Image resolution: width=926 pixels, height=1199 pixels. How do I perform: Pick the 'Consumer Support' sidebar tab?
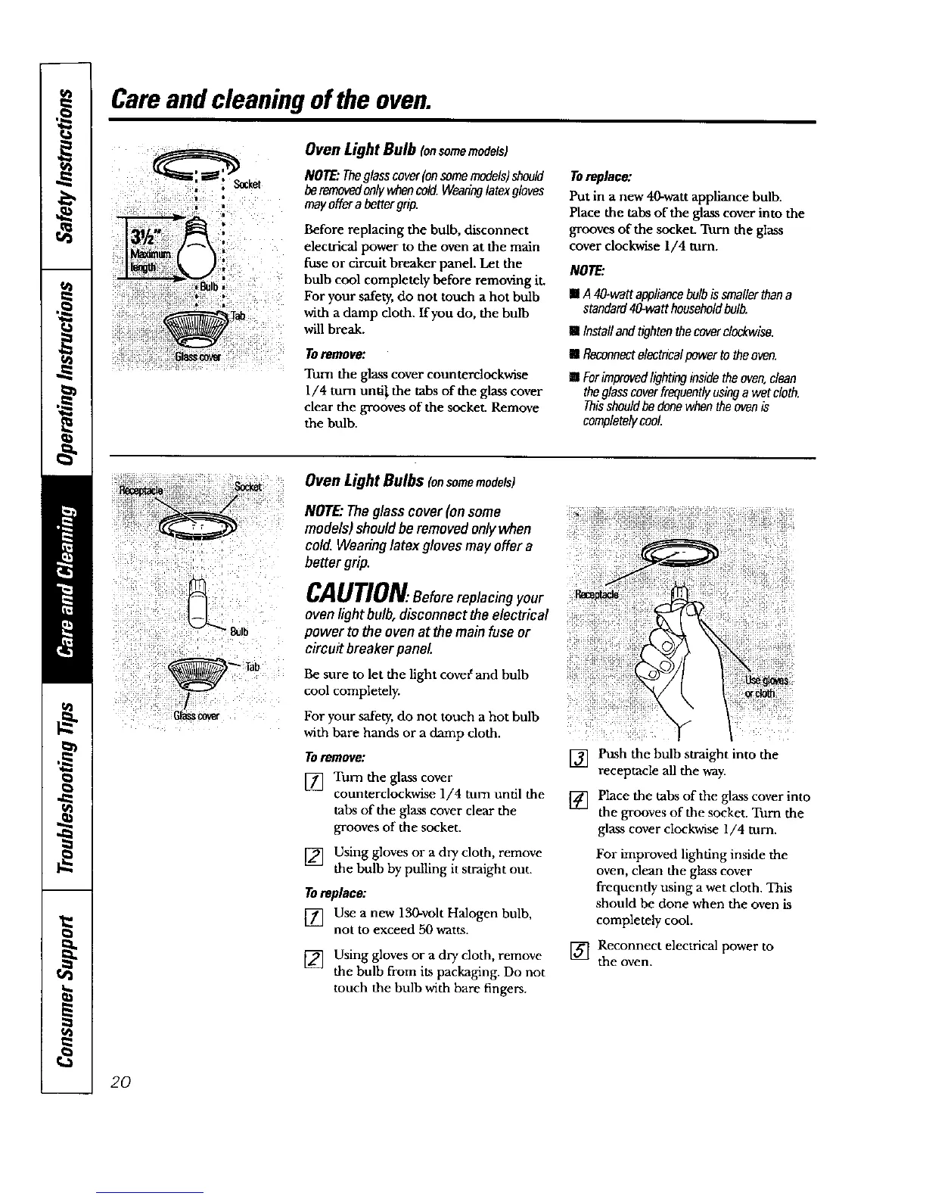tap(68, 992)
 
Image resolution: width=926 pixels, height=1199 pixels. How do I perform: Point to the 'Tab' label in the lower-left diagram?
tap(253, 666)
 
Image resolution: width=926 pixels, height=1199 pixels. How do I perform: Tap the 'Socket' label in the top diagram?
tap(247, 185)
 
